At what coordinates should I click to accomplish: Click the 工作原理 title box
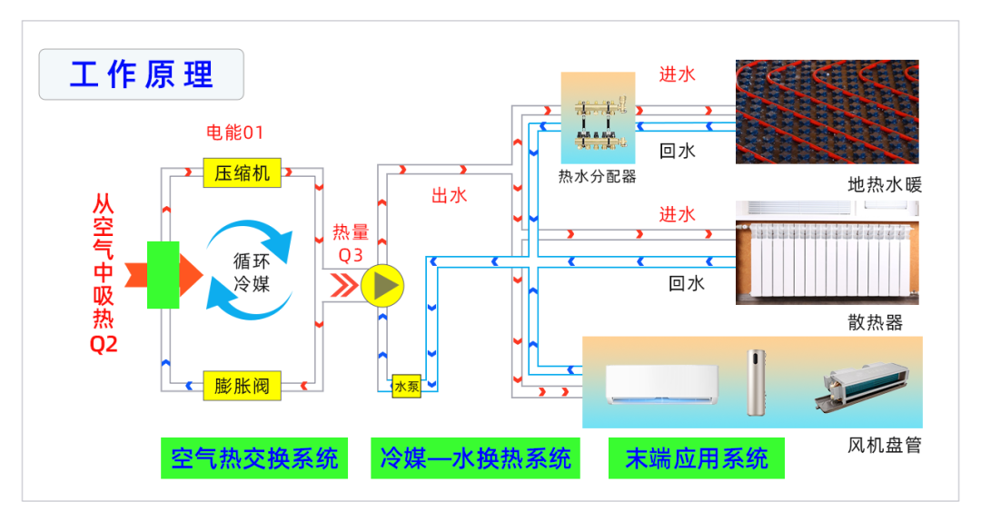(141, 74)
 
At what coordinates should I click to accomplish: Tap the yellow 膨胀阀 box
(242, 386)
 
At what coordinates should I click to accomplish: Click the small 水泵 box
(406, 386)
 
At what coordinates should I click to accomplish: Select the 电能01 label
(234, 133)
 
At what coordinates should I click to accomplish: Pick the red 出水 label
(449, 195)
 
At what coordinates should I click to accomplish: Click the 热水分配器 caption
(597, 176)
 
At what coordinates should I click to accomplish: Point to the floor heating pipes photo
(827, 111)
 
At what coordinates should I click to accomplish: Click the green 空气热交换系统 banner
(254, 458)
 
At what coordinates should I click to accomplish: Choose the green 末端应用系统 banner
(697, 458)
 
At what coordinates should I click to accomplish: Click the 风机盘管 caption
(884, 446)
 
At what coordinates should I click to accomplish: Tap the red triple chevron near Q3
(343, 285)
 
